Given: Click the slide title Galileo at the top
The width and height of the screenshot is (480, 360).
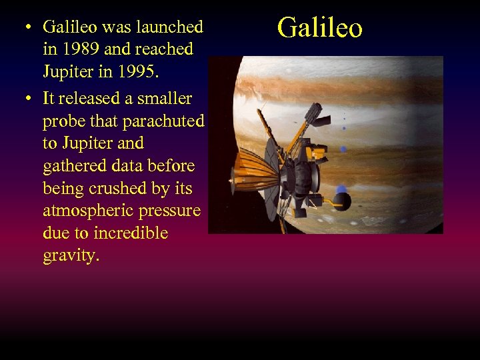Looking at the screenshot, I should click(x=319, y=28).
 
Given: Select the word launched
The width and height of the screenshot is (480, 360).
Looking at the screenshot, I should click(x=169, y=27).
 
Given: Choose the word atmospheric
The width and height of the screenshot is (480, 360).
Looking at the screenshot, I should click(x=87, y=211).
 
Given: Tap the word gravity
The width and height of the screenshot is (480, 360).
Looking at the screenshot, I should click(x=71, y=256).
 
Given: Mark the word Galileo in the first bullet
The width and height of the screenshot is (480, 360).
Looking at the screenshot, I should click(x=69, y=27).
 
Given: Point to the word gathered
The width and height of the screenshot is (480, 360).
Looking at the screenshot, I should click(x=75, y=166).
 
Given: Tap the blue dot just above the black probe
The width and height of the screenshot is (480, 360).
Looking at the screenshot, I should click(x=342, y=189).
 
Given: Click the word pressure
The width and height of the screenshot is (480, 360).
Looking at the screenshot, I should click(x=169, y=211).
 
